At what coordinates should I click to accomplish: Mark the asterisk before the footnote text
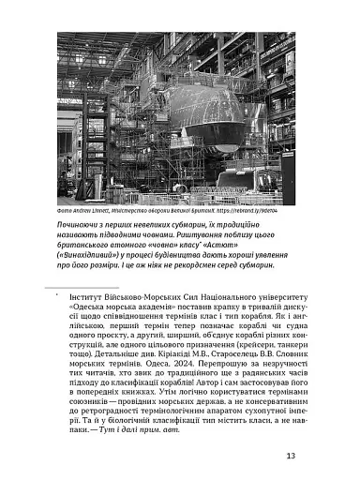coord(58,292)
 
